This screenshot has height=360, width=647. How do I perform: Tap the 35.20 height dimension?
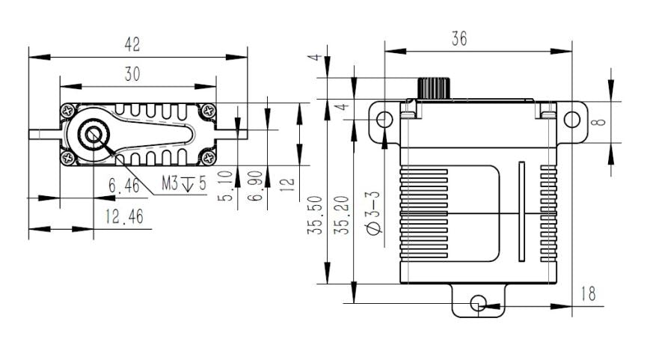[345, 218]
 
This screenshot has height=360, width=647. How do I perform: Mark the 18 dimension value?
[589, 293]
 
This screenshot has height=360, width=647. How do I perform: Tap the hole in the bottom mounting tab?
[479, 302]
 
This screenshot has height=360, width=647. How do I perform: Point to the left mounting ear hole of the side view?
[384, 119]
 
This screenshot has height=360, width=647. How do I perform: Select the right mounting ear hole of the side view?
[571, 119]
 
